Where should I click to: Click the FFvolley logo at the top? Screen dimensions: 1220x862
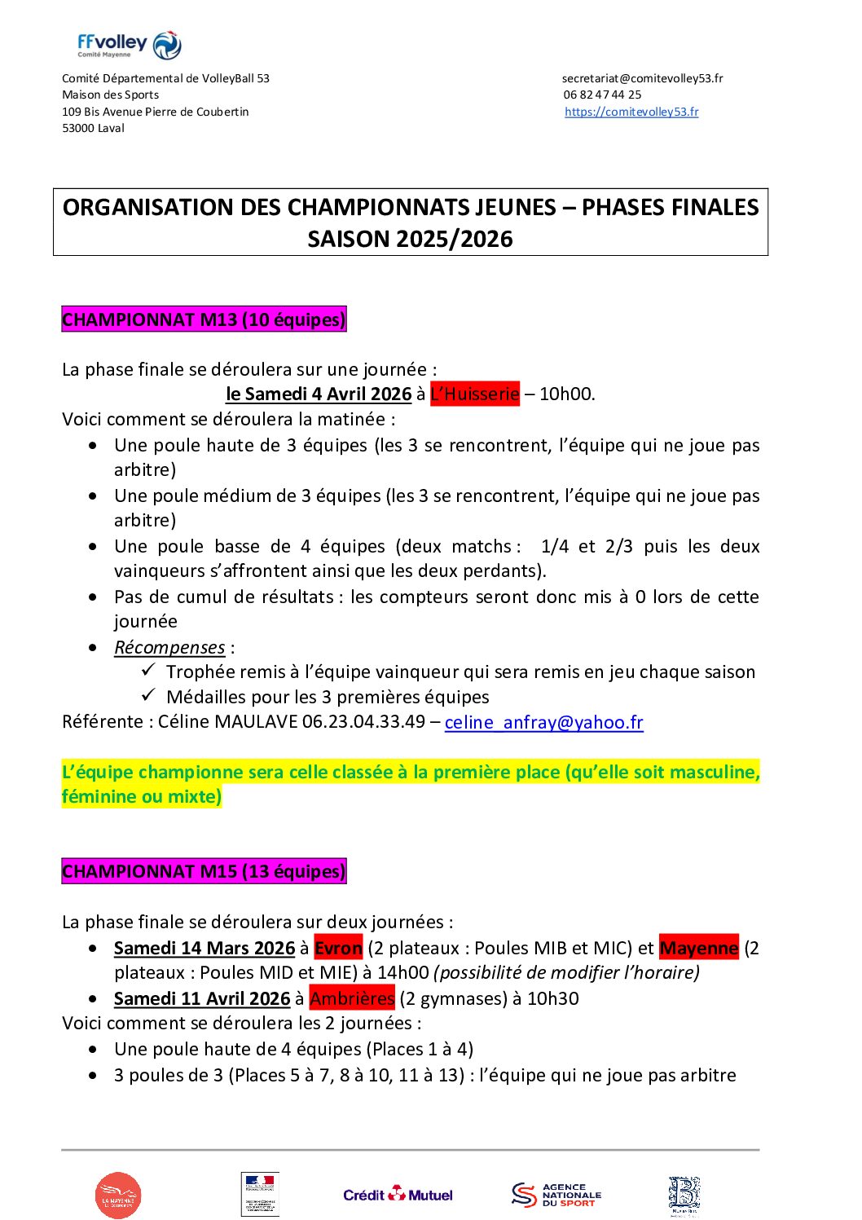click(x=130, y=45)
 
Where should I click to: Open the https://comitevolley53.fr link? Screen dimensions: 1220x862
click(x=631, y=112)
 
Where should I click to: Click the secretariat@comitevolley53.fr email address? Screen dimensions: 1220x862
click(x=642, y=78)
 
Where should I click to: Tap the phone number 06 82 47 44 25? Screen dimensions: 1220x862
click(x=602, y=95)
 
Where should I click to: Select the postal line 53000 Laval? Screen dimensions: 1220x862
click(x=94, y=128)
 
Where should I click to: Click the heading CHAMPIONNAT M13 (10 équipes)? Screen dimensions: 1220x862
click(x=204, y=319)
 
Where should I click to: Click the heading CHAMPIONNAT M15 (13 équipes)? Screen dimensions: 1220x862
click(x=204, y=871)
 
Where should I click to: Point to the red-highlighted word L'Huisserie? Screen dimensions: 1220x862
click(x=474, y=394)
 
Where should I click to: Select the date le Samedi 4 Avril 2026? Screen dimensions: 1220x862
click(x=319, y=394)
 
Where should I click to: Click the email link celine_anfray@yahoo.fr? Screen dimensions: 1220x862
click(x=543, y=722)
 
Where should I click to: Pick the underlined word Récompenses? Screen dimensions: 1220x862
click(x=169, y=647)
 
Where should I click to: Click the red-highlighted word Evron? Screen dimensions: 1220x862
click(x=338, y=948)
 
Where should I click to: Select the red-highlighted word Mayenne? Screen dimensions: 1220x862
click(x=699, y=948)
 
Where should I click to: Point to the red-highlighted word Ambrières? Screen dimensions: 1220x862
click(x=352, y=998)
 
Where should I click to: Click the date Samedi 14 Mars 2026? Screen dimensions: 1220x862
click(x=205, y=948)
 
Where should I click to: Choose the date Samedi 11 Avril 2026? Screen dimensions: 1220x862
click(x=202, y=998)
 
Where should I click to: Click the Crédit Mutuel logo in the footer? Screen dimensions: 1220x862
click(x=398, y=1195)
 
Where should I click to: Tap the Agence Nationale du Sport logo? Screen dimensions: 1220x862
click(x=556, y=1195)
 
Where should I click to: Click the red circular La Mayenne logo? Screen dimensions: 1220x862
click(x=118, y=1196)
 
